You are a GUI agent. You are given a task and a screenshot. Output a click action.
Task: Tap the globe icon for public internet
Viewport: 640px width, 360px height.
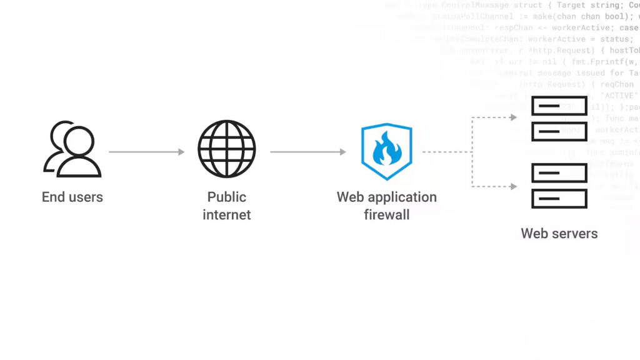tap(227, 149)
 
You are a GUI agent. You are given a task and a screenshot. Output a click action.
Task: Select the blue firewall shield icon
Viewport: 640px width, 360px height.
tap(387, 152)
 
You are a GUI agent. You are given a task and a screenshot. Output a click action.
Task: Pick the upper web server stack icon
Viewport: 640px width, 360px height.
tap(559, 119)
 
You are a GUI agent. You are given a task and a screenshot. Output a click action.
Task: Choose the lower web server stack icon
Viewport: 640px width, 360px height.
tap(559, 186)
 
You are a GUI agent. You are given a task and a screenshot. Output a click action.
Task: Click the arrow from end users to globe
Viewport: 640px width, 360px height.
tap(146, 152)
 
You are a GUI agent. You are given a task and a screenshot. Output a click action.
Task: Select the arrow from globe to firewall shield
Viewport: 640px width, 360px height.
tap(307, 152)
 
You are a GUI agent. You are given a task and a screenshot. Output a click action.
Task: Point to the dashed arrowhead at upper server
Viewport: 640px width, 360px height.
tap(513, 117)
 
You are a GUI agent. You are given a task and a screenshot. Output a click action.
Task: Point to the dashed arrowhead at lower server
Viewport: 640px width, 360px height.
tap(513, 186)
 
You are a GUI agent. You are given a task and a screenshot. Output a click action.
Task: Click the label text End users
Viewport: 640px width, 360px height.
tap(72, 197)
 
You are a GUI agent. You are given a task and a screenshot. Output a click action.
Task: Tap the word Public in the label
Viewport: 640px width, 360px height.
tap(227, 197)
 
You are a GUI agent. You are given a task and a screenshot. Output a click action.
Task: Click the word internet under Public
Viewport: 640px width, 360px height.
tap(227, 215)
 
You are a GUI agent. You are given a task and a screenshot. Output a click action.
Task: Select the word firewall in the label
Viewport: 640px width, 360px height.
tap(387, 215)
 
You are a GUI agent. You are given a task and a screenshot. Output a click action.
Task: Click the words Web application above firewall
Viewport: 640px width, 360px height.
tap(387, 197)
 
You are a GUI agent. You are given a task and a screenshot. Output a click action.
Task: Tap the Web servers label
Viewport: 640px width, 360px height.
tap(559, 234)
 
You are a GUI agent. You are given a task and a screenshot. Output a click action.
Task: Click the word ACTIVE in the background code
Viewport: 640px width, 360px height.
tap(619, 96)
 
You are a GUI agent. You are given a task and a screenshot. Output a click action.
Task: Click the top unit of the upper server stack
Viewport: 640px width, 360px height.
tap(559, 106)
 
